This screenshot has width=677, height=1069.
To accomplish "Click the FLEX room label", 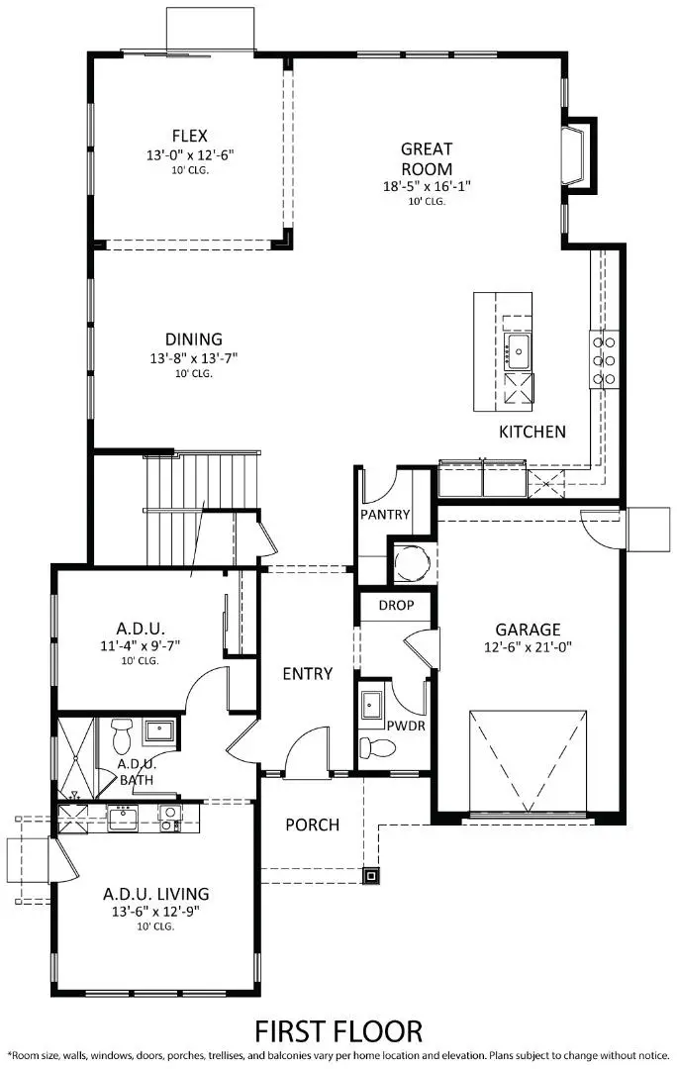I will point(188,136).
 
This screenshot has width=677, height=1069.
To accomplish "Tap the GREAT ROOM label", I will point(427,157).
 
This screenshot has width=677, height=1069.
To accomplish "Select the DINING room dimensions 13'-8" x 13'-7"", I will point(194,357).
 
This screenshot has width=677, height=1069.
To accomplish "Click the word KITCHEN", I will point(532,432).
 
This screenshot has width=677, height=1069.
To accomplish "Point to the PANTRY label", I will point(383,517).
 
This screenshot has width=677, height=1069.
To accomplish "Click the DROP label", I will point(396,606).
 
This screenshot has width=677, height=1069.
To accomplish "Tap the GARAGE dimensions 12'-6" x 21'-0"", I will point(529,647).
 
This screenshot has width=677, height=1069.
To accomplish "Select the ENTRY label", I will point(307,674).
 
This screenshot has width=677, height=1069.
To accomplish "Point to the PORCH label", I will point(312,825).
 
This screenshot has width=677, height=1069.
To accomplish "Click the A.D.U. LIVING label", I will point(155,894).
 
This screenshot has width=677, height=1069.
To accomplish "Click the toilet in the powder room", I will point(375,745).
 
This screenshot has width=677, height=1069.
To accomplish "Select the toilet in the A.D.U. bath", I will point(122,735).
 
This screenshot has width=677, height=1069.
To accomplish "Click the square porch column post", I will point(370,874).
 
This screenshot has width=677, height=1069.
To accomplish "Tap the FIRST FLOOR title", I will point(339,1030).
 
